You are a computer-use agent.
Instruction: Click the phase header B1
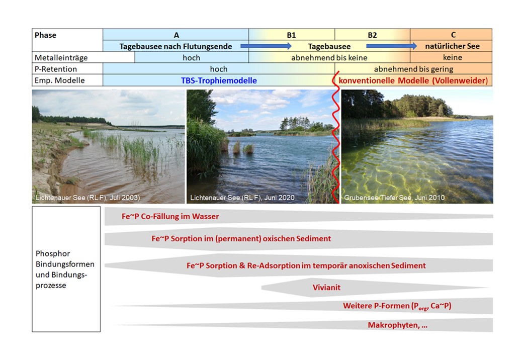click(291, 35)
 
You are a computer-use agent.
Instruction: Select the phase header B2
click(372, 35)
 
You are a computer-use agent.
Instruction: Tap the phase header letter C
click(453, 35)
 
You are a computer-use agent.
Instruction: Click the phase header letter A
click(176, 35)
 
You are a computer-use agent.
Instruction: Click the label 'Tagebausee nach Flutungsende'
click(176, 46)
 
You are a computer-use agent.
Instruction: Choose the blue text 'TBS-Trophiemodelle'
click(219, 80)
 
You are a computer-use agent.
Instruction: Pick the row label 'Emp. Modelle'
click(56, 80)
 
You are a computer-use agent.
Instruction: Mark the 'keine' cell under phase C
click(452, 57)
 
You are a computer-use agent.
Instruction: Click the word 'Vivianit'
click(327, 288)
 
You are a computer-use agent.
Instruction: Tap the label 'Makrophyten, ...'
click(397, 325)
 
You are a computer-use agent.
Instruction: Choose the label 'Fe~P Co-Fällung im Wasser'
click(170, 217)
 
